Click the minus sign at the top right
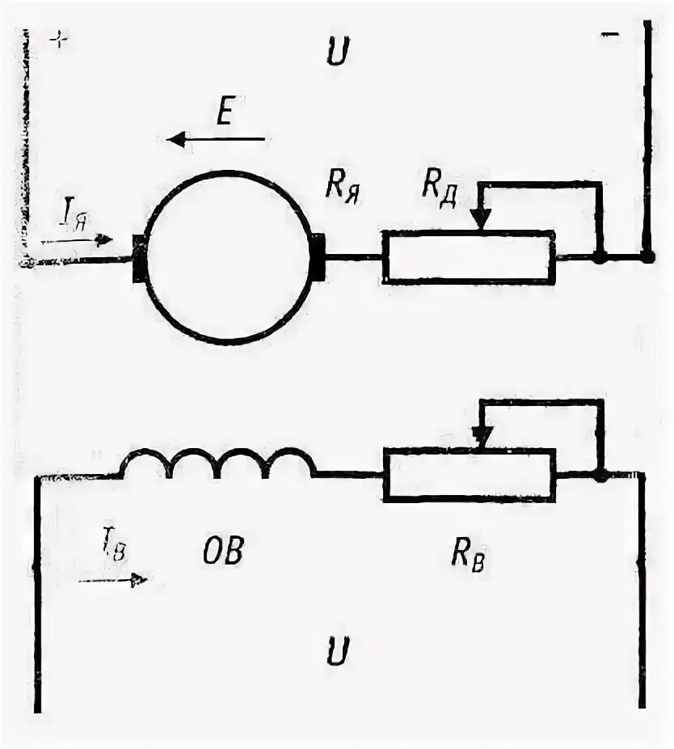pyautogui.click(x=611, y=35)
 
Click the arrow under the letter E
pyautogui.click(x=216, y=140)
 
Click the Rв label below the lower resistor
pyautogui.click(x=468, y=557)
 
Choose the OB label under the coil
pyautogui.click(x=219, y=553)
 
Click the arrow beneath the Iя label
pyautogui.click(x=76, y=240)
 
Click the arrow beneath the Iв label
pyautogui.click(x=112, y=579)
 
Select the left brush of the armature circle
pyautogui.click(x=140, y=259)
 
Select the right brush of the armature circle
pyautogui.click(x=317, y=258)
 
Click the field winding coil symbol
pyautogui.click(x=218, y=465)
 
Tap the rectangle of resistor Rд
pyautogui.click(x=469, y=257)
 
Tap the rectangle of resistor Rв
pyautogui.click(x=469, y=475)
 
